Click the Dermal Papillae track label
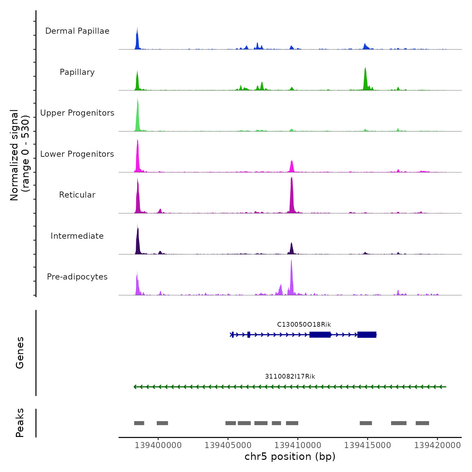pyautogui.click(x=77, y=31)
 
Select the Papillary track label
pyautogui.click(x=77, y=72)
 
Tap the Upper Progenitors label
pyautogui.click(x=77, y=113)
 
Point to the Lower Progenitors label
pyautogui.click(x=77, y=154)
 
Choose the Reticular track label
pyautogui.click(x=77, y=195)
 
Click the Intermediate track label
pyautogui.click(x=77, y=236)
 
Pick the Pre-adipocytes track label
pyautogui.click(x=77, y=277)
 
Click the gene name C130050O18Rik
pyautogui.click(x=304, y=325)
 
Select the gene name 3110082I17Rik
pyautogui.click(x=290, y=377)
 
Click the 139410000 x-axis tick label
pyautogui.click(x=298, y=445)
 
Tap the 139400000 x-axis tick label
pyautogui.click(x=158, y=445)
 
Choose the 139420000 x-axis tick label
pyautogui.click(x=437, y=445)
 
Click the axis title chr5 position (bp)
pyautogui.click(x=290, y=457)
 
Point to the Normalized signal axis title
pyautogui.click(x=20, y=155)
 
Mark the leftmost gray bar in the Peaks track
pyautogui.click(x=139, y=423)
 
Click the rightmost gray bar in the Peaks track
pyautogui.click(x=422, y=423)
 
